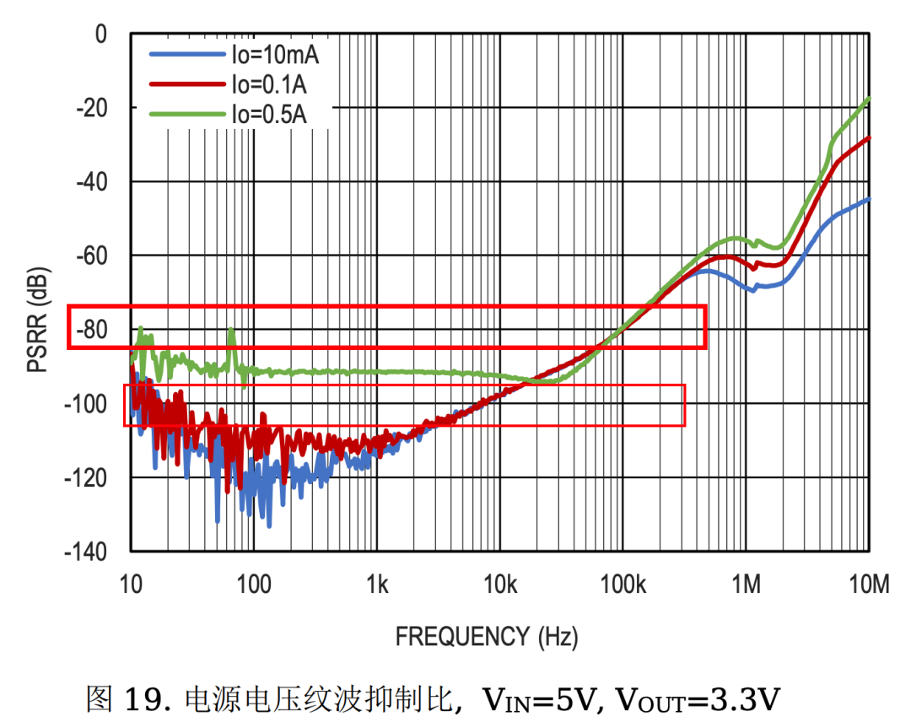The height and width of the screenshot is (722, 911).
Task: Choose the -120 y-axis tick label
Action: pos(88,477)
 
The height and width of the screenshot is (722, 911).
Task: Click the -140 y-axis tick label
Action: pos(88,552)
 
